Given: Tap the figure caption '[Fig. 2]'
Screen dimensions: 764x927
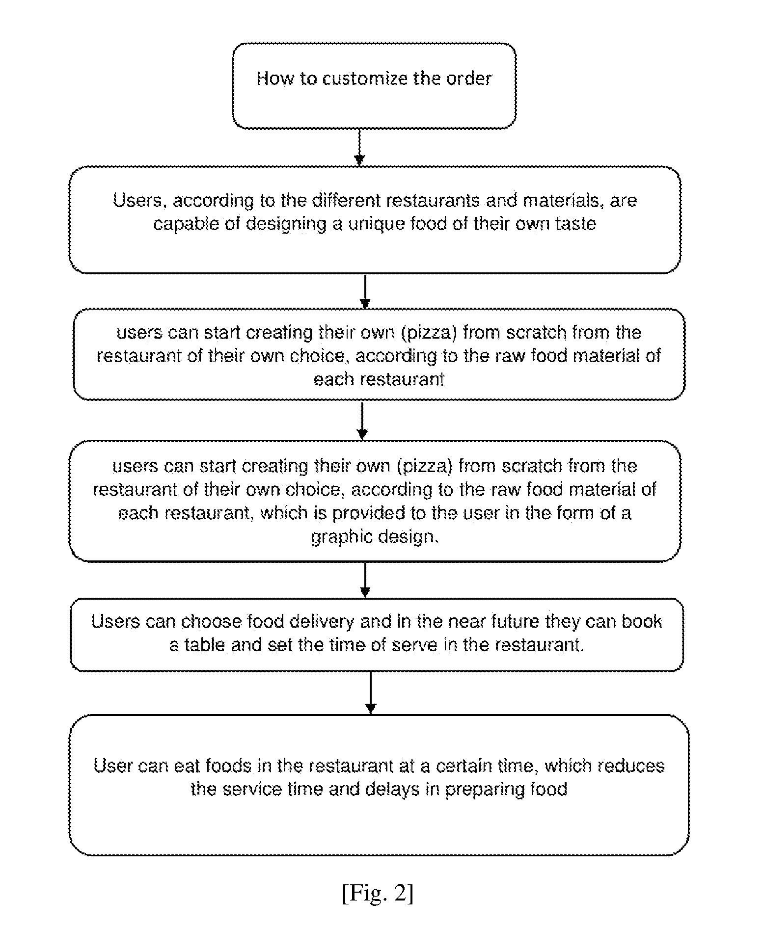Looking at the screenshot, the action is click(378, 893).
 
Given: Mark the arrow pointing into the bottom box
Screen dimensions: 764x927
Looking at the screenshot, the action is click(371, 693).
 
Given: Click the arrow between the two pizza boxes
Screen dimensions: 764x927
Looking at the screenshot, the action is click(362, 420).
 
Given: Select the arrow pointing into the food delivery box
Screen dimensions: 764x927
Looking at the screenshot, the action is click(365, 580).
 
